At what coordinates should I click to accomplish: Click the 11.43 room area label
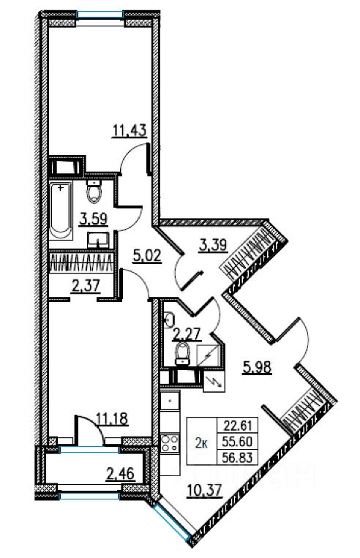coord(130,131)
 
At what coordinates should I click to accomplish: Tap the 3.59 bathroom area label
coord(94,219)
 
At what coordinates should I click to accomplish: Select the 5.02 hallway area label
coord(147,255)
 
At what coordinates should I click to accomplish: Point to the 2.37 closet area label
coord(86,286)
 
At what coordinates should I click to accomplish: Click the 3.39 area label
coord(213,245)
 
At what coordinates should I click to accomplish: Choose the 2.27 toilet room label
coord(187,334)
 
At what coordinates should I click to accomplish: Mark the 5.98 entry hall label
coord(257,367)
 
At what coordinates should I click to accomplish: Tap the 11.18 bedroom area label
coord(112,418)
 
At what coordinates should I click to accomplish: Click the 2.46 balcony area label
coord(120,474)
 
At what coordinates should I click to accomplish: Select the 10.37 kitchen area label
coord(205,491)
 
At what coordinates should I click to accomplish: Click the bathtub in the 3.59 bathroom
coord(61,211)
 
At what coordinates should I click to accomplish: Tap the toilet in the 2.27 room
coord(183,354)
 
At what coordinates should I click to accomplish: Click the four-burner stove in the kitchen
coord(170,443)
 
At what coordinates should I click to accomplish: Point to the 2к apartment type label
coord(201,443)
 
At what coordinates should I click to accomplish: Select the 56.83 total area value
coord(237,458)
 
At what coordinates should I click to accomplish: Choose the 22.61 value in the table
coord(238,425)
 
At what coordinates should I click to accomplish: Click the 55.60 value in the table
coord(237,442)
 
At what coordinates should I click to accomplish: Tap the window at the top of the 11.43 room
coord(100,14)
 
